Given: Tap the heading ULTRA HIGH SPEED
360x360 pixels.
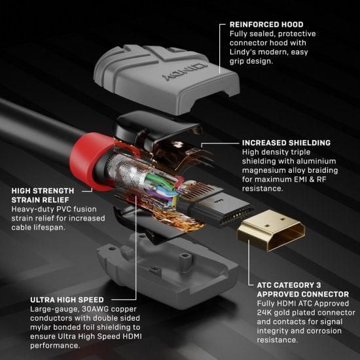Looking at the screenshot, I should [x=68, y=300].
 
